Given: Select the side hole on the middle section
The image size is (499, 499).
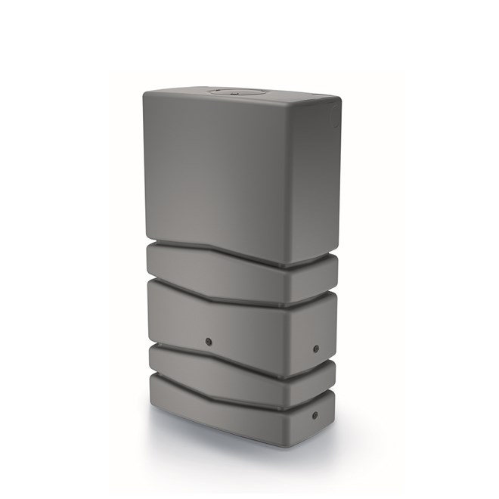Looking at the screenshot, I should point(315,349).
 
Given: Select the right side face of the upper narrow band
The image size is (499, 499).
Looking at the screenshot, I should point(317,278).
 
